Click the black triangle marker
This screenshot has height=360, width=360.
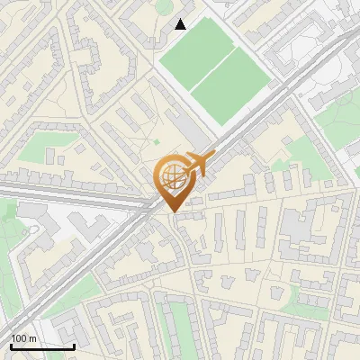pyautogui.click(x=181, y=24)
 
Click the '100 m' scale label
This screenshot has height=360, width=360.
pyautogui.click(x=23, y=338)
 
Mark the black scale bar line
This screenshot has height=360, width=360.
pyautogui.click(x=42, y=346)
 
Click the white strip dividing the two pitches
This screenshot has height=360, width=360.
pyautogui.click(x=213, y=70)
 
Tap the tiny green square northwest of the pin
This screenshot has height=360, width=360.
pyautogui.click(x=156, y=141)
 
